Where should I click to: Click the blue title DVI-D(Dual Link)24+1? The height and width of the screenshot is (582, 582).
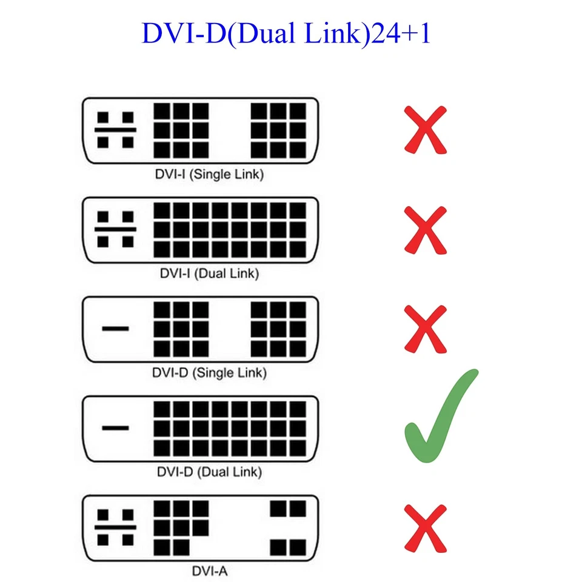click(x=286, y=34)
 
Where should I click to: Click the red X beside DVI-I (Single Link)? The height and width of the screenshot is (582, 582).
click(x=426, y=130)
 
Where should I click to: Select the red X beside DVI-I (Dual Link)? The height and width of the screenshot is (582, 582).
click(x=426, y=230)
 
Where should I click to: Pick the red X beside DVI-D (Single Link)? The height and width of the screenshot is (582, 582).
click(x=426, y=329)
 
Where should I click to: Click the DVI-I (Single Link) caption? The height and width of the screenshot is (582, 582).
click(x=209, y=175)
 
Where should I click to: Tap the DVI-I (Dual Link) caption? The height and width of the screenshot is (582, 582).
click(x=209, y=273)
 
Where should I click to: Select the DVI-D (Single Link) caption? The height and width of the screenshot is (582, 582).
click(x=209, y=372)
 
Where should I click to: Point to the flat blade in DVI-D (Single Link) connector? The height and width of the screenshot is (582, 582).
click(x=115, y=329)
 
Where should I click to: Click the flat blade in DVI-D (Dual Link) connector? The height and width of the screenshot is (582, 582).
click(x=115, y=428)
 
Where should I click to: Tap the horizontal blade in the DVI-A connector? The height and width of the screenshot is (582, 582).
click(x=115, y=527)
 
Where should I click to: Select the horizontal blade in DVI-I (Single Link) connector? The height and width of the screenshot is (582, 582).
click(x=115, y=130)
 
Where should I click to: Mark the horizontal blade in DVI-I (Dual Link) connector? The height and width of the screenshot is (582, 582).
click(x=115, y=230)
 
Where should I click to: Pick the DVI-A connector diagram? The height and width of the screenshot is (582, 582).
click(x=200, y=527)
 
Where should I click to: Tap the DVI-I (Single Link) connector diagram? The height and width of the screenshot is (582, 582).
click(x=200, y=130)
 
